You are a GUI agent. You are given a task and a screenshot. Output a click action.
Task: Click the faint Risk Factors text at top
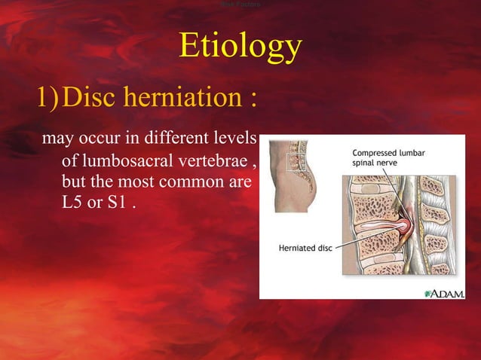pos(240,5)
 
